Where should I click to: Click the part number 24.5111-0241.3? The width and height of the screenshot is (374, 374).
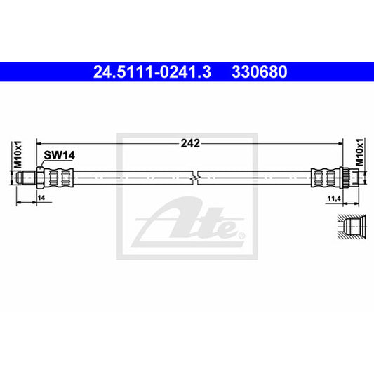152,72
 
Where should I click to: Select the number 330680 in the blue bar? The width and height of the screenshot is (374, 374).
260,72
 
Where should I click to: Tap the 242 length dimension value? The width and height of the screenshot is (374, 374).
190,143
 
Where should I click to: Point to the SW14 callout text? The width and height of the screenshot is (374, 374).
60,156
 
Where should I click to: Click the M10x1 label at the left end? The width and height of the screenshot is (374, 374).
18,155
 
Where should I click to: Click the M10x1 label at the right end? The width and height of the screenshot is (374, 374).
359,152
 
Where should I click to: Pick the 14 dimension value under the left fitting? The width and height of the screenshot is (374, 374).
41,198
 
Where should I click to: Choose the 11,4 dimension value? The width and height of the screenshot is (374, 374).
334,199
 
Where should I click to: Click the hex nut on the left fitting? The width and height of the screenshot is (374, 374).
39,178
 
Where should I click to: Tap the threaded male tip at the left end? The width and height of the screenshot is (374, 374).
26,178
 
